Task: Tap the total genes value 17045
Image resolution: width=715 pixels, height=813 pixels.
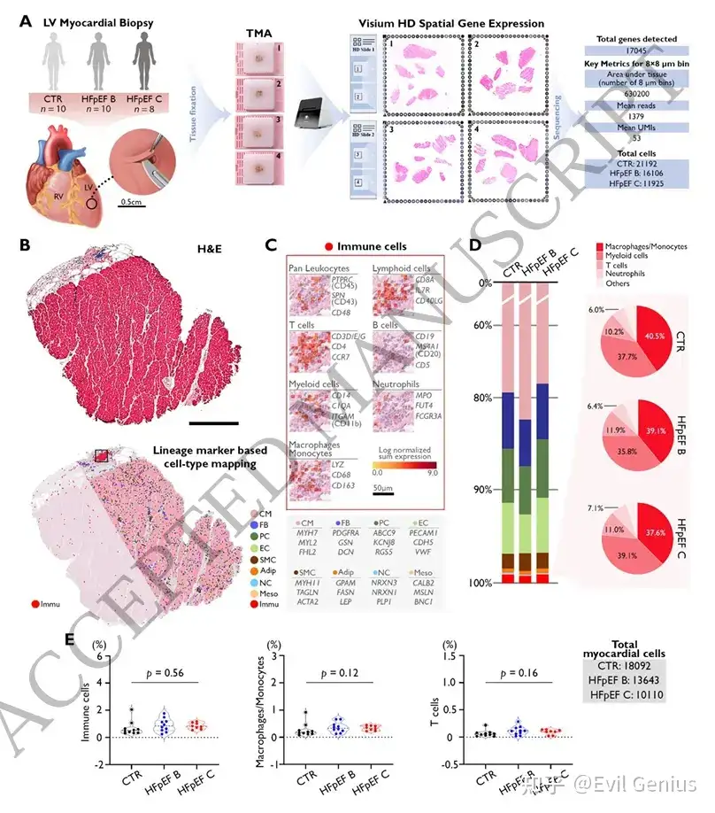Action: click(x=635, y=54)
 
